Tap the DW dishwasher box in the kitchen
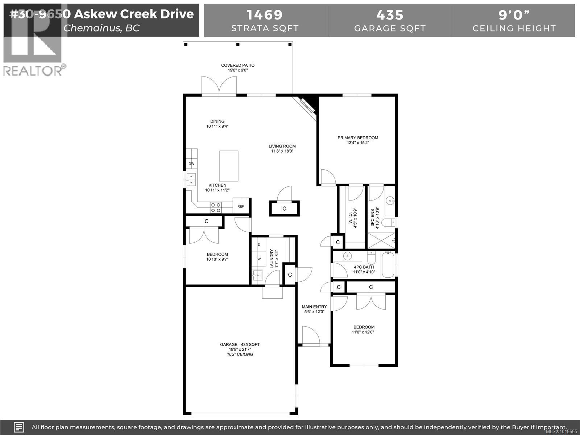pyautogui.click(x=191, y=164)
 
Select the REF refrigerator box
pyautogui.click(x=241, y=206)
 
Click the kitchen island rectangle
pyautogui.click(x=229, y=166)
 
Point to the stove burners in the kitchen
pyautogui.click(x=216, y=207)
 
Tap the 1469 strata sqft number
pyautogui.click(x=265, y=15)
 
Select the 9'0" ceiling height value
pyautogui.click(x=514, y=15)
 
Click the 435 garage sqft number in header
pyautogui.click(x=390, y=15)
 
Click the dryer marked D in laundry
pyautogui.click(x=259, y=245)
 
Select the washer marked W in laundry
pyautogui.click(x=259, y=259)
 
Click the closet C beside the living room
pyautogui.click(x=284, y=208)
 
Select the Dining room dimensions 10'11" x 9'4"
pyautogui.click(x=217, y=127)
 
